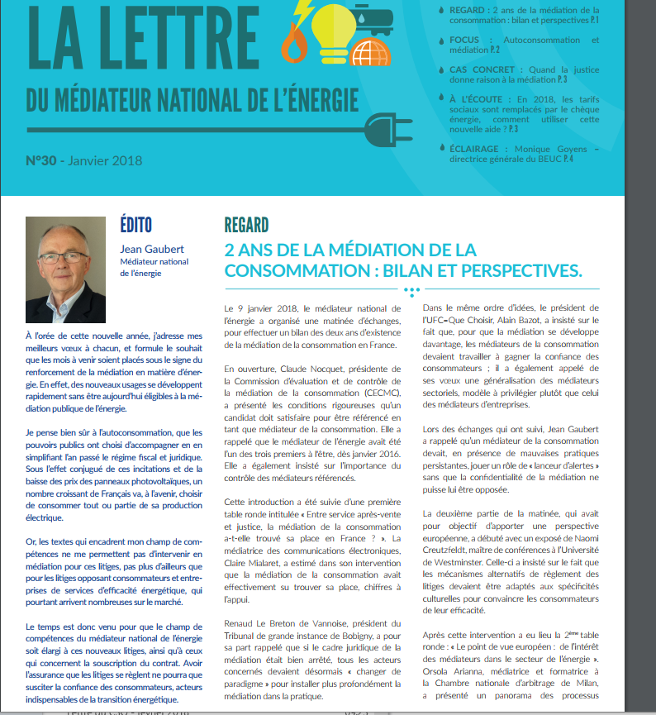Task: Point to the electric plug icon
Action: (x=387, y=128)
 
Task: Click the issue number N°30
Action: (x=42, y=161)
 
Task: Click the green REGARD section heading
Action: (x=246, y=225)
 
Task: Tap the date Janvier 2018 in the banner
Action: (x=105, y=161)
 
